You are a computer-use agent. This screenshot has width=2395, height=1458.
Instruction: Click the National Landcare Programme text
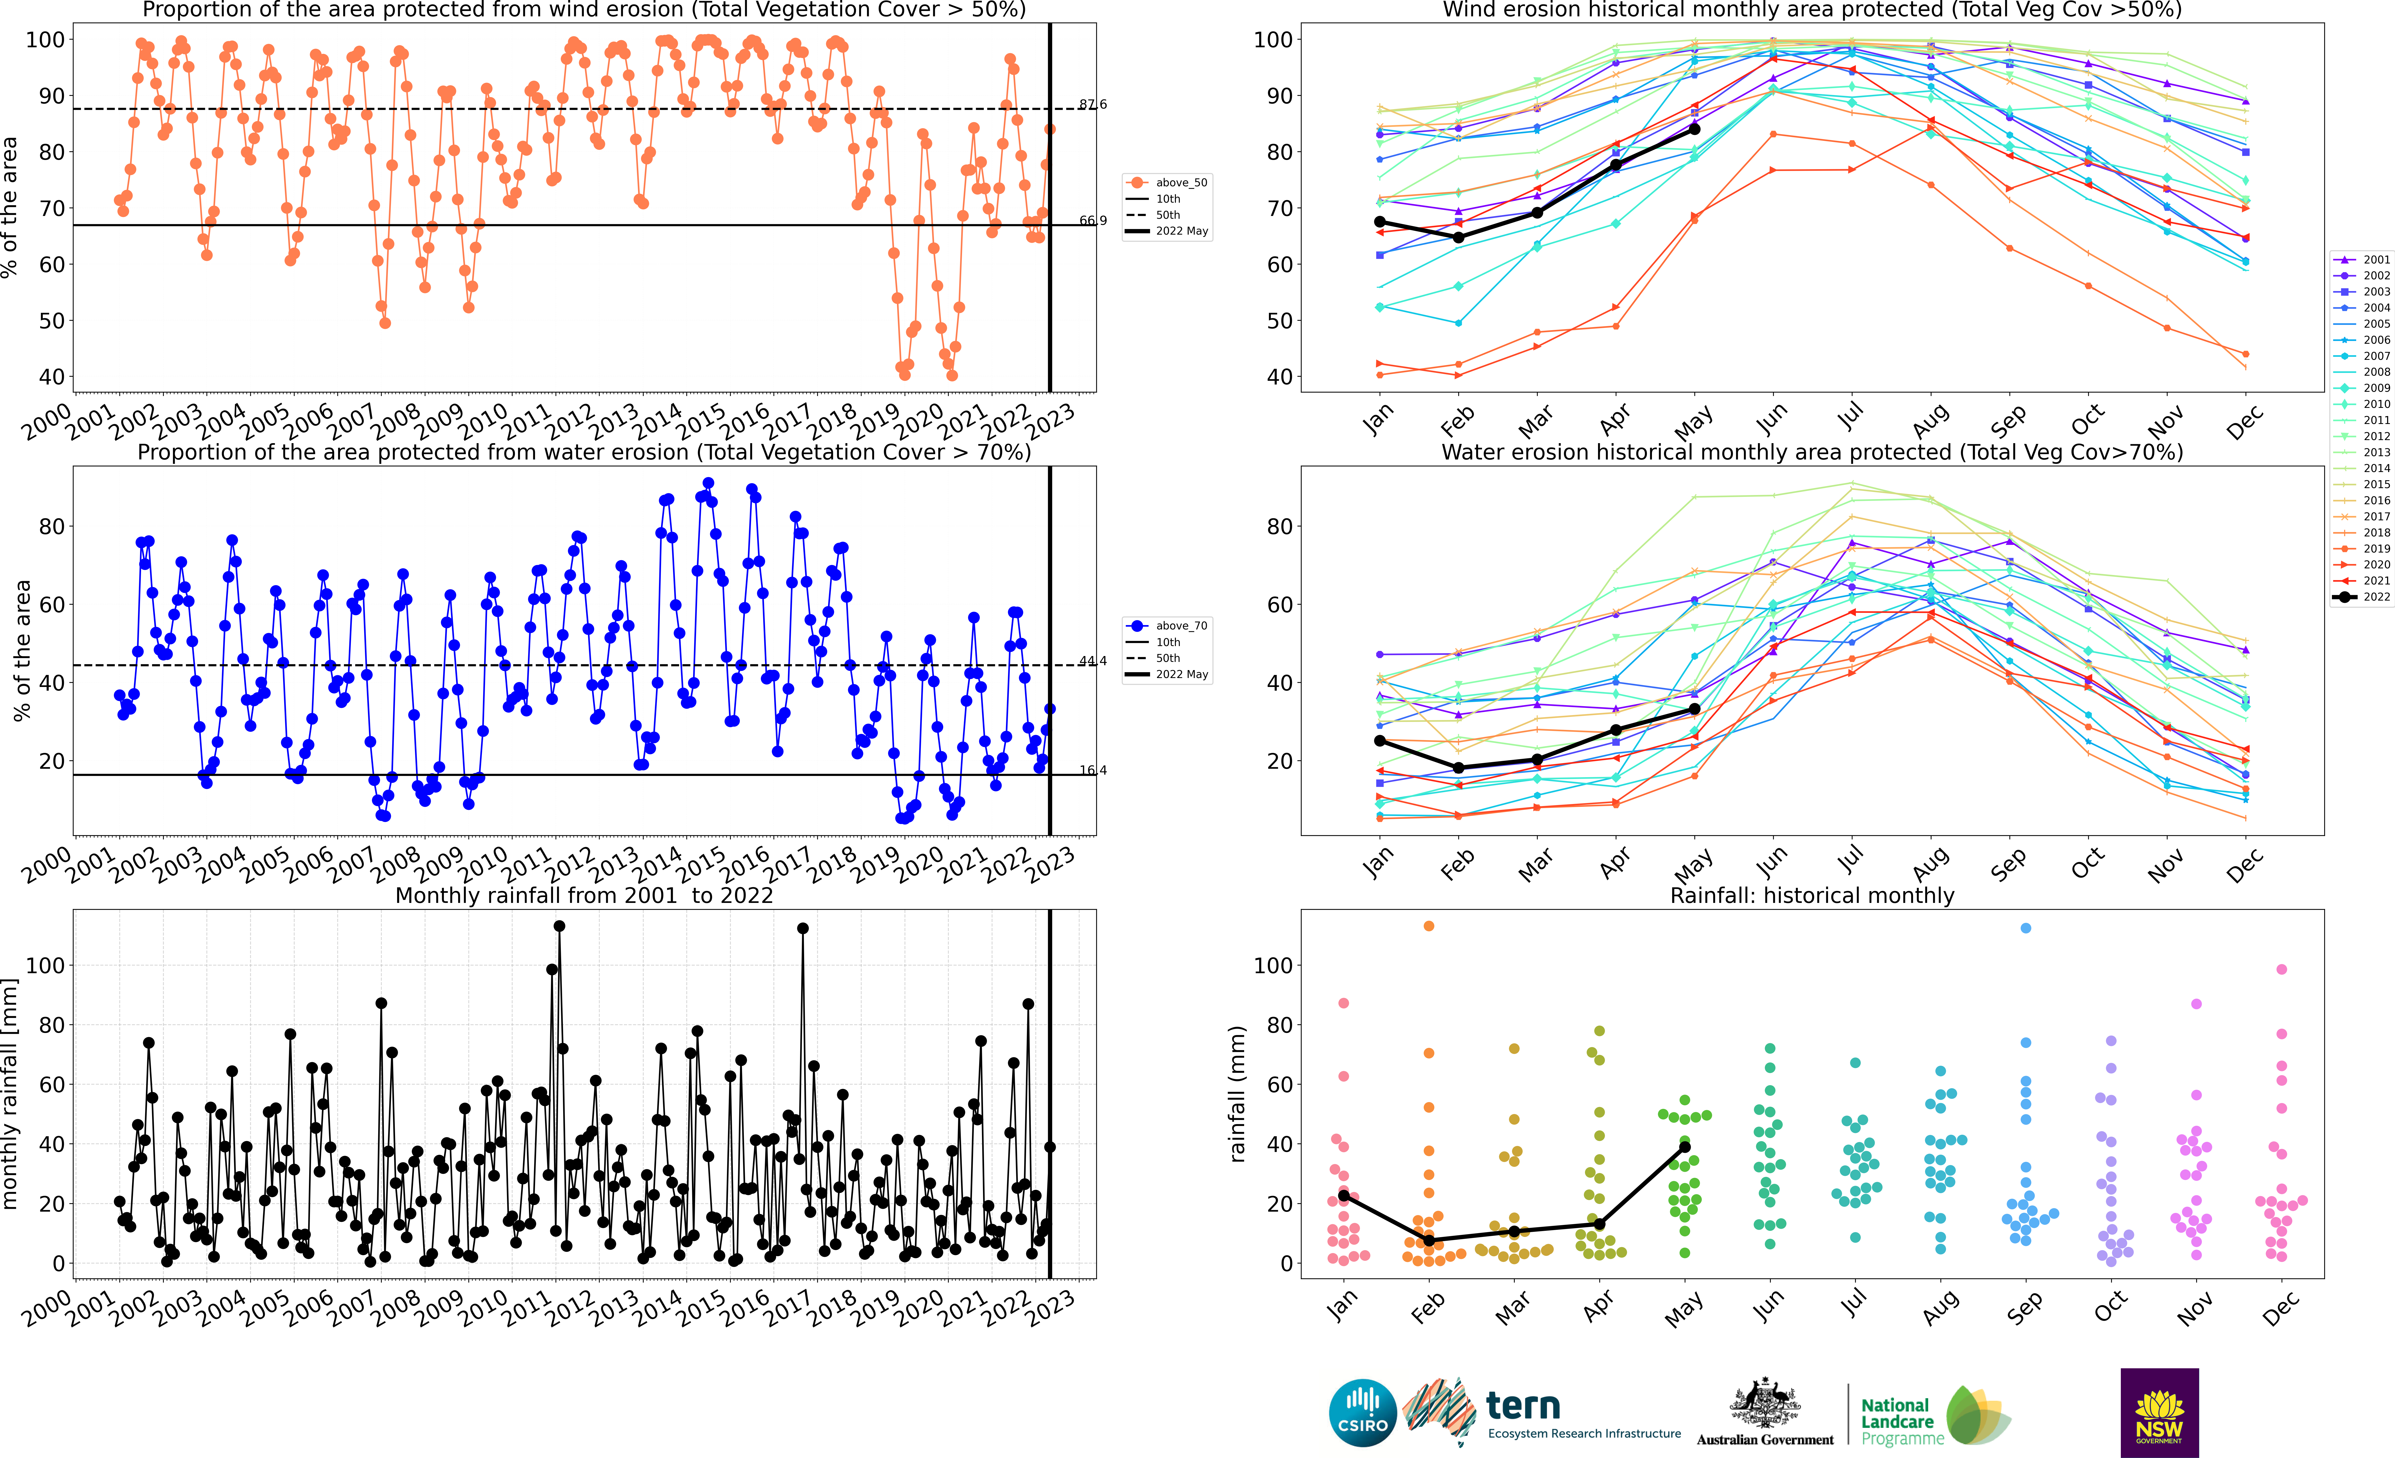click(x=1902, y=1421)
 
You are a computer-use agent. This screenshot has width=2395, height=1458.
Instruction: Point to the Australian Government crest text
click(x=1765, y=1440)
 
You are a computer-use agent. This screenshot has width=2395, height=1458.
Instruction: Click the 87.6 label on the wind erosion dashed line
click(x=1093, y=104)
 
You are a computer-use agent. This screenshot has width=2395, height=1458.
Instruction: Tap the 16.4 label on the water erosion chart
click(x=1093, y=770)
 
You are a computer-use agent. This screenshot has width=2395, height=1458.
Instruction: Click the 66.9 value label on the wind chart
click(x=1093, y=221)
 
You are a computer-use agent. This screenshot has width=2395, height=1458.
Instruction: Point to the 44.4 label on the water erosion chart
click(x=1093, y=661)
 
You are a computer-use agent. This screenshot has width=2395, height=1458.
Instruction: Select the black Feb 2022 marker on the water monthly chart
click(x=1458, y=768)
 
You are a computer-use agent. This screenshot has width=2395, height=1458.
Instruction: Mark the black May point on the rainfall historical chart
click(x=1684, y=1147)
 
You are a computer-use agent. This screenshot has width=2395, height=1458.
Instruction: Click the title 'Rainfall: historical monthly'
click(x=1812, y=895)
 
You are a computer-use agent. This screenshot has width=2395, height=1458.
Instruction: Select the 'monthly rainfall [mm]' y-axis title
click(x=11, y=1094)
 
